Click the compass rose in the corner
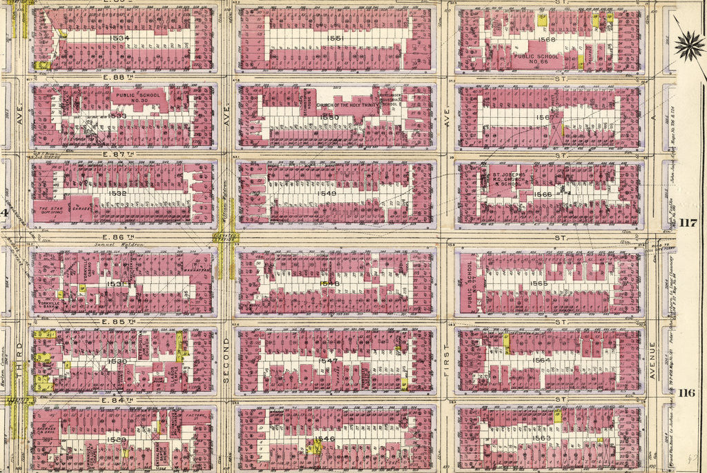688,46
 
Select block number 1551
336,39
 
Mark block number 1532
117,194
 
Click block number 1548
330,283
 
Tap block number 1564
541,360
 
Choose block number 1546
324,439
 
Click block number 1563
542,438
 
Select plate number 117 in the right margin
688,222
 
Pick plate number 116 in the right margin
686,393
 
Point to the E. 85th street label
115,321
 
